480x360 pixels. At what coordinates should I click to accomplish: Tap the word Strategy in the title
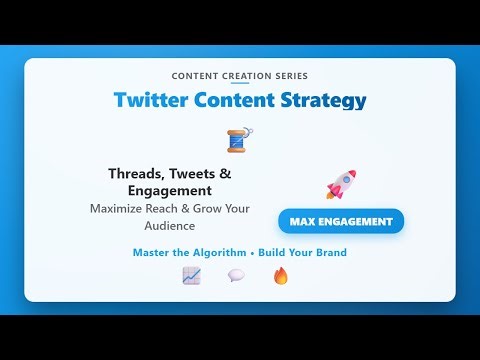click(x=320, y=100)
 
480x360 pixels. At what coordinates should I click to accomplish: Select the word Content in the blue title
click(x=232, y=100)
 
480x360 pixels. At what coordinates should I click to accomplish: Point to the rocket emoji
click(x=340, y=184)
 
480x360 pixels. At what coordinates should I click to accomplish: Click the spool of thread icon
click(x=238, y=140)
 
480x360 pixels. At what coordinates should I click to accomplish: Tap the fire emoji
click(x=281, y=275)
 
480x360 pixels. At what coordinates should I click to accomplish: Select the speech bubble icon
click(x=236, y=275)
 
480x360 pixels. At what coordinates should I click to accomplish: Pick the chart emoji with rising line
click(x=191, y=275)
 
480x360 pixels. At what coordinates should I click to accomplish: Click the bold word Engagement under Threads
click(x=169, y=190)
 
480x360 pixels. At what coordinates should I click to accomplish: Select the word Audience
click(x=169, y=226)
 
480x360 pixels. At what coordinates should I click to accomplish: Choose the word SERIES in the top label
click(x=289, y=76)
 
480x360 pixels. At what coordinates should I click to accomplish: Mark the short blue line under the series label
click(x=240, y=85)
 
